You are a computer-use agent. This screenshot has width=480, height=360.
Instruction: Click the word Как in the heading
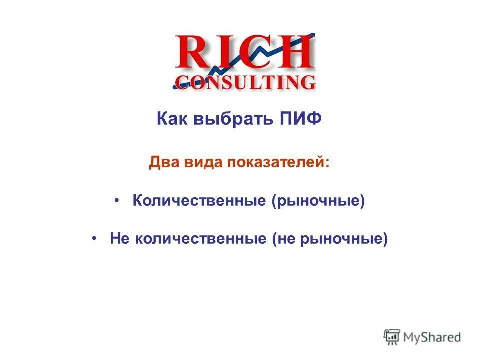tap(172, 120)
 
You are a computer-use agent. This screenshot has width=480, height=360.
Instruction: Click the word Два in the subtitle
tap(163, 163)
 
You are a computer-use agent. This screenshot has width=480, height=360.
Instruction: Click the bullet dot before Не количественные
tap(95, 238)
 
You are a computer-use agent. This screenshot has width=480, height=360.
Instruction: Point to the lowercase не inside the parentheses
tap(286, 239)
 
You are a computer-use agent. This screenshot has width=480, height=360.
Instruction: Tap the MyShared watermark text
tap(433, 337)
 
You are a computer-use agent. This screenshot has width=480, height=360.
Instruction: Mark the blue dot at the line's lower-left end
tap(175, 86)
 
